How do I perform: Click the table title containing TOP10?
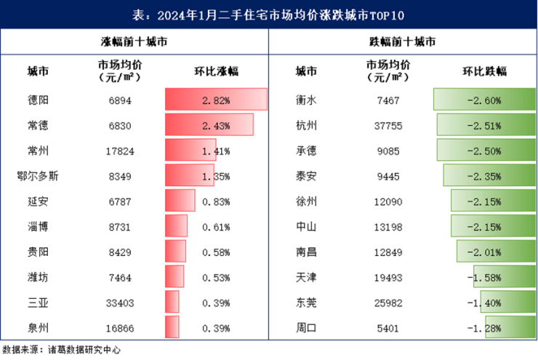269,14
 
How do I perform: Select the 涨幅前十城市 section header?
134,42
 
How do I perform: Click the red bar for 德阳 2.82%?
216,100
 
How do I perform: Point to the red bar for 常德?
209,125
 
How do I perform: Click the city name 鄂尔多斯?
37,175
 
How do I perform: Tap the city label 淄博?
37,226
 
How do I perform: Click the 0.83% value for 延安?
216,201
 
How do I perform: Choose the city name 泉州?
37,327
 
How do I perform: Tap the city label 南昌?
306,252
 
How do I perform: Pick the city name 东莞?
306,302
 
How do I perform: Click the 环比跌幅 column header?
484,71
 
